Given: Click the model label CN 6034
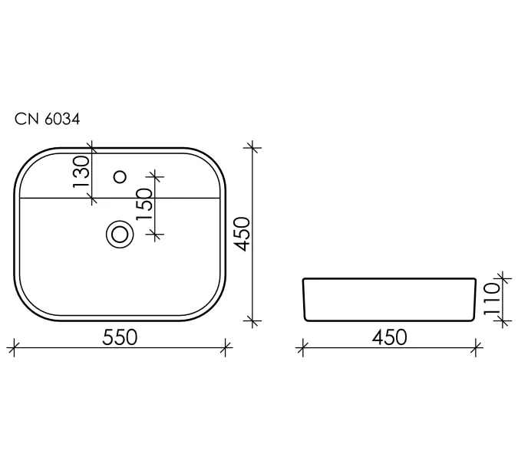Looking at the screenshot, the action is (x=48, y=119).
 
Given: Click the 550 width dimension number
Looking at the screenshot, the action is (x=120, y=337).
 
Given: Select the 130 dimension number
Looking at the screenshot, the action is (x=81, y=172).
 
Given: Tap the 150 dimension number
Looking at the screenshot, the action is (x=144, y=204).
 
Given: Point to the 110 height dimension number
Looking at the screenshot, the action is (x=492, y=299).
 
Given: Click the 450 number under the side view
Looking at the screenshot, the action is (x=390, y=337).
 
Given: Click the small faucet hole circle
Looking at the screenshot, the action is (x=120, y=177).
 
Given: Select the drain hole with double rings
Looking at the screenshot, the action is (x=120, y=235).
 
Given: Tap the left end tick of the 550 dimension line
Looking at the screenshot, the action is (x=14, y=347).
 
